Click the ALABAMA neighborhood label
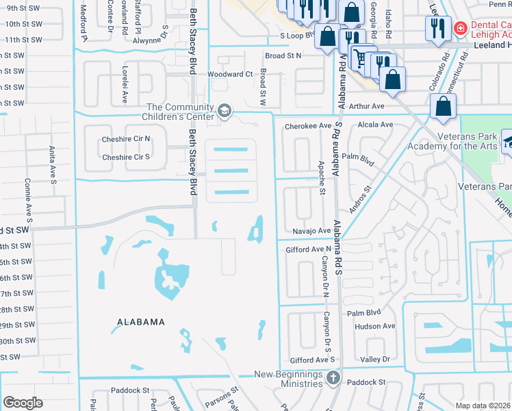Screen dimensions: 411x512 (x=140, y=322)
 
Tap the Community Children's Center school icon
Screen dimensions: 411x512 (x=224, y=111)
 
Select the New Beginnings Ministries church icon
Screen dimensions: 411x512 (x=333, y=378)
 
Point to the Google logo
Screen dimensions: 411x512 (x=23, y=403)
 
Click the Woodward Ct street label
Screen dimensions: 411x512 (x=230, y=74)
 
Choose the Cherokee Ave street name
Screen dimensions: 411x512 (x=307, y=125)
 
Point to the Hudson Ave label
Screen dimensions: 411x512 (x=375, y=326)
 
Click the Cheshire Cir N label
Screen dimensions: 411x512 (x=125, y=138)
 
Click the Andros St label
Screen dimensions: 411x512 (x=362, y=199)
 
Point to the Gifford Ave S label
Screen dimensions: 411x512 (x=312, y=360)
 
